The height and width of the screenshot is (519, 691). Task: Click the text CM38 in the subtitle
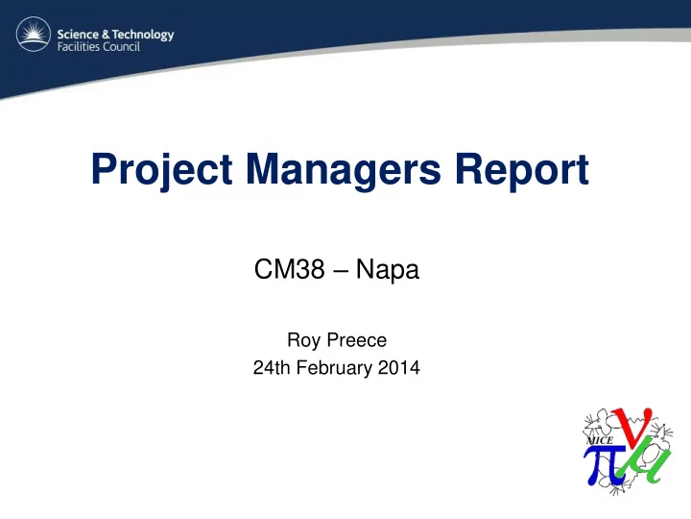point(290,269)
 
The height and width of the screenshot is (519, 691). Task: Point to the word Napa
point(388,270)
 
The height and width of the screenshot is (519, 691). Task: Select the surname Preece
point(356,340)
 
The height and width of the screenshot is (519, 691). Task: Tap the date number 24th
point(272,367)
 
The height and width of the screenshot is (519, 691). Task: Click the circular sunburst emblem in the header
point(34,34)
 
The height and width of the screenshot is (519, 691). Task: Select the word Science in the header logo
point(78,34)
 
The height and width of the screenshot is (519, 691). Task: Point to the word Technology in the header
point(143,35)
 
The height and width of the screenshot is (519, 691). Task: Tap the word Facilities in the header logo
point(77,46)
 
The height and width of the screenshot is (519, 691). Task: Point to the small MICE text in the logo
point(600,440)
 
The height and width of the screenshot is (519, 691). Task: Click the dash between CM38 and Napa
point(341,271)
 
